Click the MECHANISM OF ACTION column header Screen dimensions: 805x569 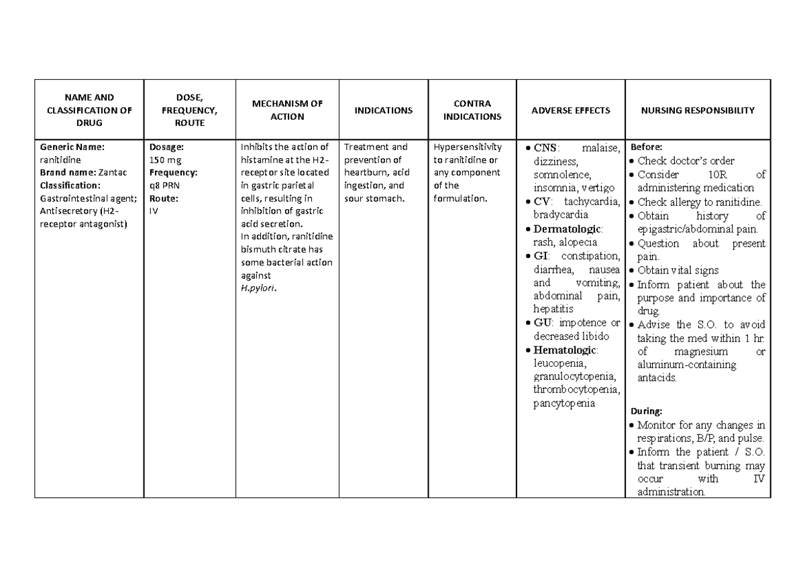pos(287,110)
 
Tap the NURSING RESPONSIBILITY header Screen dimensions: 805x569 pos(698,110)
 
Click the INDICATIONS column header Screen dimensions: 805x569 pos(384,110)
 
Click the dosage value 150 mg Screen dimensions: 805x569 pos(164,160)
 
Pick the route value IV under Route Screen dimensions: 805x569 pos(154,210)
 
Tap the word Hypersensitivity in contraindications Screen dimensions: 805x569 pos(468,147)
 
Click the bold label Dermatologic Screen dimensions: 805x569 pos(567,229)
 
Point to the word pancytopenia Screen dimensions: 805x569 pos(563,403)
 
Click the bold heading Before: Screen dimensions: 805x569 pos(643,147)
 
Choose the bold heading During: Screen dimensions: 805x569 pos(643,410)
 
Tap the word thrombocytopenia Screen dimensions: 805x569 pos(576,390)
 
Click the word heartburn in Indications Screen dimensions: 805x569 pos(366,172)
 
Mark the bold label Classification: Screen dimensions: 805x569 pos(70,185)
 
